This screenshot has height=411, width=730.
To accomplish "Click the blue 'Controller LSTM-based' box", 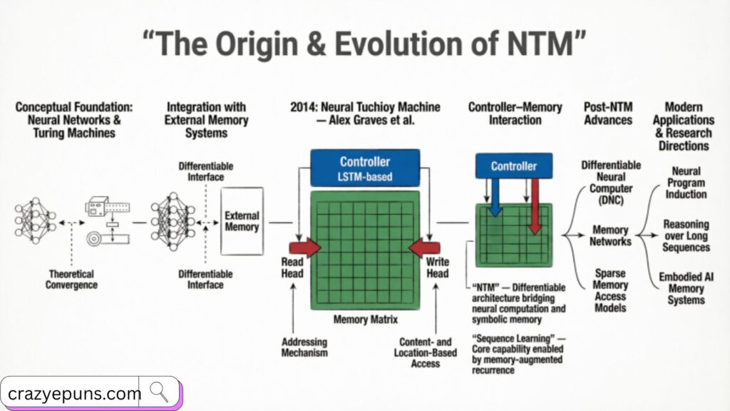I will click(365, 168).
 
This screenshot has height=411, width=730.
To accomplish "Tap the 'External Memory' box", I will click(242, 220).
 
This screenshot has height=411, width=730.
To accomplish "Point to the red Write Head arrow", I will click(424, 247).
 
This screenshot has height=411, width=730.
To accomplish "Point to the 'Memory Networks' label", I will click(610, 235).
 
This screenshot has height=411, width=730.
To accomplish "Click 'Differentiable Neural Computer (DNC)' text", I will click(610, 182).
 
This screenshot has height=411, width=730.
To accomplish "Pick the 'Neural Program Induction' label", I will click(686, 183).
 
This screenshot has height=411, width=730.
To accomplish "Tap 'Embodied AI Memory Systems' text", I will click(686, 288).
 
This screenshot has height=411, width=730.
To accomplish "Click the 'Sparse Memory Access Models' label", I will click(610, 290).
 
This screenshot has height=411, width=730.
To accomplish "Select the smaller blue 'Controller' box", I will click(513, 166).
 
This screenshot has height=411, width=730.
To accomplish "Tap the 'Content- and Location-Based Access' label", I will click(421, 352).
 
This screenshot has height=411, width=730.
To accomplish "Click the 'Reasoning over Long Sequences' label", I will click(686, 235).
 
